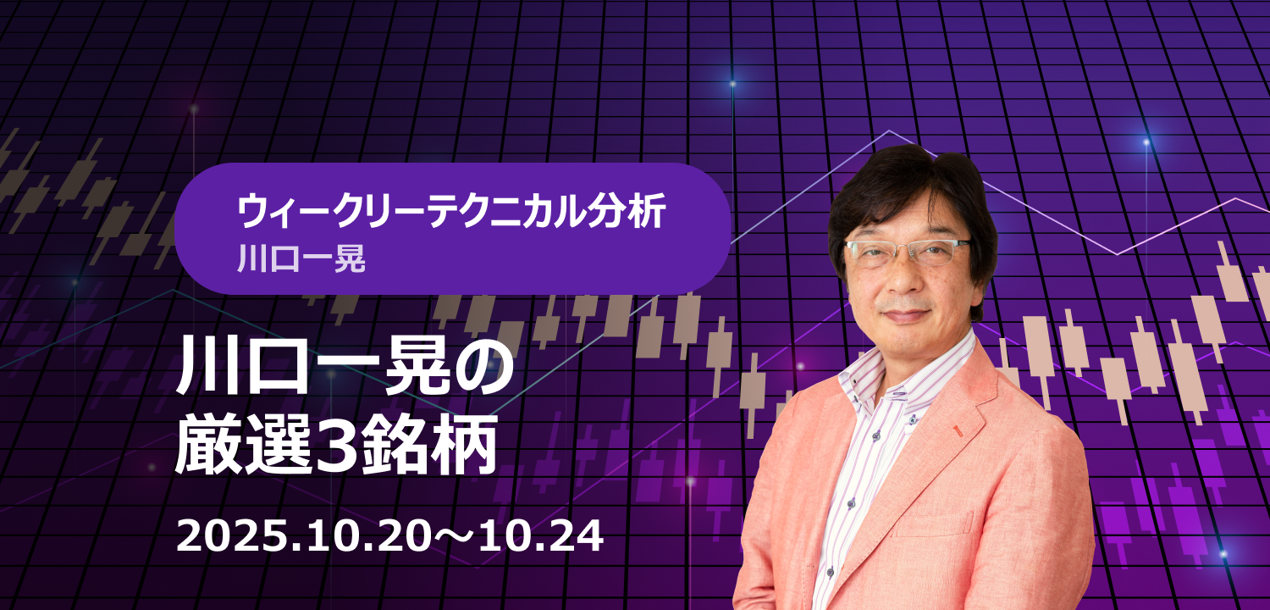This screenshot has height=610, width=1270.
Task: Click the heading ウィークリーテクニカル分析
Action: pyautogui.click(x=451, y=212)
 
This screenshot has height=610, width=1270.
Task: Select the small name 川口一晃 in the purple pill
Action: pyautogui.click(x=301, y=258)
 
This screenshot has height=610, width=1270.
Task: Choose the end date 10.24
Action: pyautogui.click(x=541, y=537)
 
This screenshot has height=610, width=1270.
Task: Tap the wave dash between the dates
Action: pyautogui.click(x=454, y=538)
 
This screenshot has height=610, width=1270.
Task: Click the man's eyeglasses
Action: pyautogui.click(x=908, y=252)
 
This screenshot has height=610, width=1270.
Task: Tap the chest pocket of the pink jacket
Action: pyautogui.click(x=935, y=525)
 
